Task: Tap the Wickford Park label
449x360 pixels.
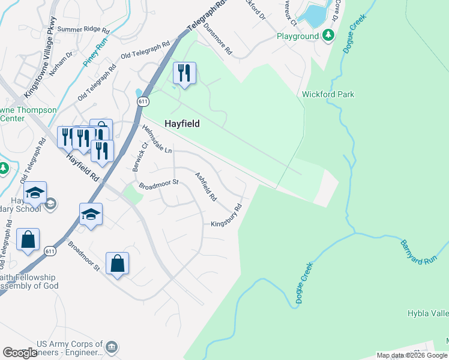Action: point(328,94)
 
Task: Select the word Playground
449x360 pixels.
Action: point(298,36)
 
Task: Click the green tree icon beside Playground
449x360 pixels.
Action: point(328,36)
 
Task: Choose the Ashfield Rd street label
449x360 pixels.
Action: point(205,187)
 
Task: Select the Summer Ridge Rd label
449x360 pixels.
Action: point(84,29)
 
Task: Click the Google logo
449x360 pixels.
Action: point(20,353)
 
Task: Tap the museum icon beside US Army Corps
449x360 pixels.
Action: point(112,347)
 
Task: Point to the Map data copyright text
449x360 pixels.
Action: point(412,355)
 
